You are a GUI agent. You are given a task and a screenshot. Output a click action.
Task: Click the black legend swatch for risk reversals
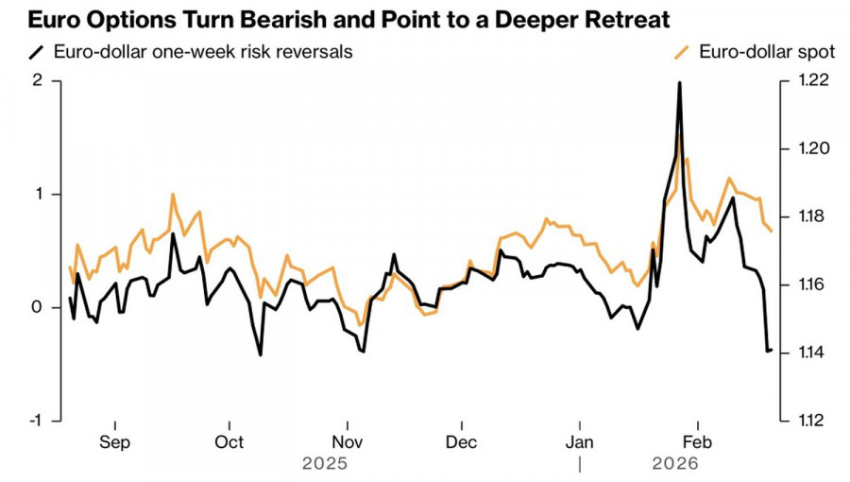37,51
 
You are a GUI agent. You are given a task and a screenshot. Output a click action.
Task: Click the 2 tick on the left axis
39,81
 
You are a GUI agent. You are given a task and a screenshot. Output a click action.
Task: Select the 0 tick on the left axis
39,307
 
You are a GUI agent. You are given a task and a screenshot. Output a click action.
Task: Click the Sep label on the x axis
114,441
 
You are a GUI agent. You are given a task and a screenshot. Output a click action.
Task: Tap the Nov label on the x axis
348,441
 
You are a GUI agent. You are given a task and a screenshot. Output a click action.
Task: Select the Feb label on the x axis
697,441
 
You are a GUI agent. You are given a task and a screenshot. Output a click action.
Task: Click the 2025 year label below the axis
324,464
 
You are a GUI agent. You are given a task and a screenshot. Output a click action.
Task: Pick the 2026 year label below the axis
674,464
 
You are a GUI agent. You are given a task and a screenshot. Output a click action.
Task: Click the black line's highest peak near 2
679,83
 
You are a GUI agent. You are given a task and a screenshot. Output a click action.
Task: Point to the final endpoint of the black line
772,350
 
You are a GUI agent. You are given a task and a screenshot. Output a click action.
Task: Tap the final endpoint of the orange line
772,231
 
